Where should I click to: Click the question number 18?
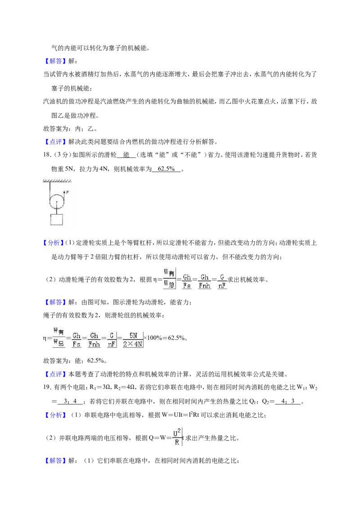47,155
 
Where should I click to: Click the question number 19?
47,387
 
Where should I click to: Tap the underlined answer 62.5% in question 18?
166,169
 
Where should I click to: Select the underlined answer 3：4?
70,401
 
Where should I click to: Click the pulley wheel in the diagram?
57,201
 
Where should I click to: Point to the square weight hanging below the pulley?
57,219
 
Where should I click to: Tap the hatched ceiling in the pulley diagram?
57,180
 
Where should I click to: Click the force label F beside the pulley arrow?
67,192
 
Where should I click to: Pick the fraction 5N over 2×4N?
133,339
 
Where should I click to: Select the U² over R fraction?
177,438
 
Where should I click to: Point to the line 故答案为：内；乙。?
70,129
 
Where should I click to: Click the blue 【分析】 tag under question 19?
54,415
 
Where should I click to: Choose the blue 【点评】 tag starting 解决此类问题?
54,142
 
